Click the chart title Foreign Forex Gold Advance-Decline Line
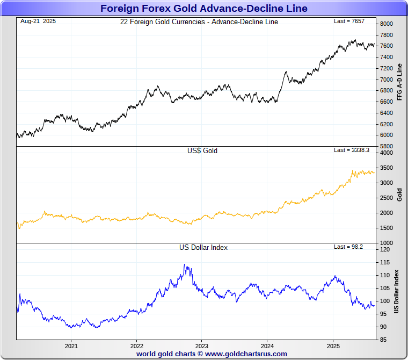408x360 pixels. coord(203,8)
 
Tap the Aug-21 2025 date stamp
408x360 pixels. coord(38,21)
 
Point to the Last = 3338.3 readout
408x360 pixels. coord(351,150)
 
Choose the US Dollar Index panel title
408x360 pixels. coord(203,248)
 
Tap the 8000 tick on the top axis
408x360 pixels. coord(386,24)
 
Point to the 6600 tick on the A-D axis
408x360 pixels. coord(386,102)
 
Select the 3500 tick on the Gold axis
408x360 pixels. coord(386,168)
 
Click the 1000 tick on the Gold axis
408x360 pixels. coord(386,243)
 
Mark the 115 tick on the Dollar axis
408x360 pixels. coord(384,262)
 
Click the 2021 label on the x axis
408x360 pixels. coord(71,346)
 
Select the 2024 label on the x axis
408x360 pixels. coord(268,346)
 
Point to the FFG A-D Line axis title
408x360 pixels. coord(399,82)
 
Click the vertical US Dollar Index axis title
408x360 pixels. coord(397,291)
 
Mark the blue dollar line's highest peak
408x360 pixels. coord(185,264)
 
